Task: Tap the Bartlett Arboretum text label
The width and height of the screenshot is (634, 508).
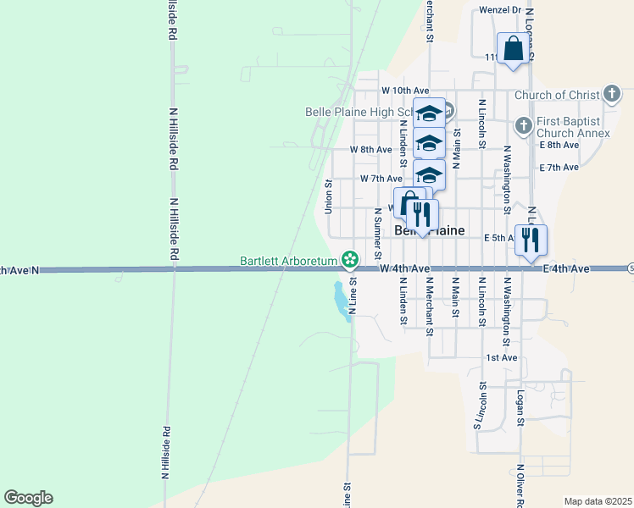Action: click(289, 259)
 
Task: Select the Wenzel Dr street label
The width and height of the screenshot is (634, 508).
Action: click(498, 10)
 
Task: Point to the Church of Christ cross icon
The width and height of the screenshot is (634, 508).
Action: click(613, 95)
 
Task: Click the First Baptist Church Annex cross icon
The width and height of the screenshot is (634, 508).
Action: click(523, 124)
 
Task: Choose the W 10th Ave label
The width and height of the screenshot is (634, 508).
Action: click(405, 91)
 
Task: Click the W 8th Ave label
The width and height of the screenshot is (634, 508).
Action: click(371, 150)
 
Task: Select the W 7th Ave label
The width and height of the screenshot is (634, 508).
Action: click(381, 179)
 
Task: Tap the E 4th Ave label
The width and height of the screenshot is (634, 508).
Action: click(566, 268)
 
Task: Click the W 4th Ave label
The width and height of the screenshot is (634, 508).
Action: click(402, 268)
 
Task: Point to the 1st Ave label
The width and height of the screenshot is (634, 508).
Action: click(501, 358)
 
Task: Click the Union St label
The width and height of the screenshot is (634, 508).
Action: click(328, 196)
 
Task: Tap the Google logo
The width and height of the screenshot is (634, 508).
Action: click(28, 498)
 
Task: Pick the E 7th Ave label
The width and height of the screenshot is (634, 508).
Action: click(558, 168)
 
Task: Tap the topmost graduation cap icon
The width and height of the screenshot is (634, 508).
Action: click(429, 113)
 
